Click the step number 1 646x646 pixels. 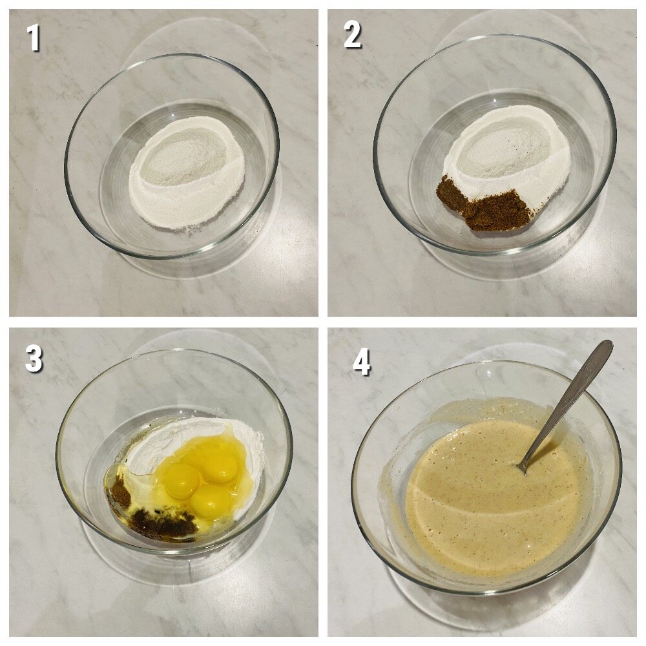point(33,37)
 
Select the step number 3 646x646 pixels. point(34,359)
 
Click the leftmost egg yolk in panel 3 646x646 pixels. point(182,481)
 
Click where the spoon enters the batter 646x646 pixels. point(523,469)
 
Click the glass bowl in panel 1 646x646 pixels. point(172,156)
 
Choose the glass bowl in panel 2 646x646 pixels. point(494,144)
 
